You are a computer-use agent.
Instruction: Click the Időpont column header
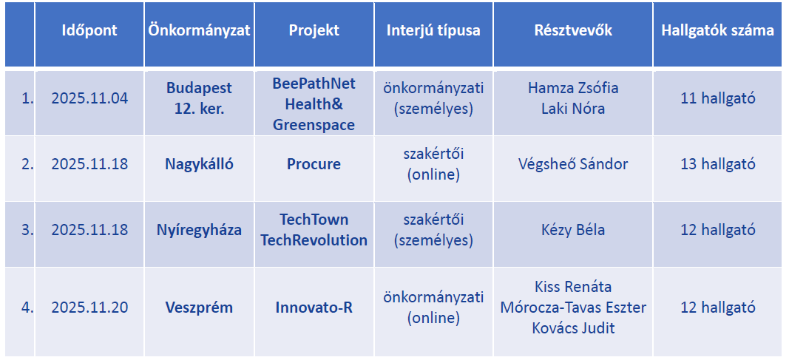pyautogui.click(x=89, y=30)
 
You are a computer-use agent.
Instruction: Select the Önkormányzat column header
pyautogui.click(x=199, y=30)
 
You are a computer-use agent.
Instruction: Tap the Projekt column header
pyautogui.click(x=314, y=30)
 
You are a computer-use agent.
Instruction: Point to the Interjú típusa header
pyautogui.click(x=433, y=30)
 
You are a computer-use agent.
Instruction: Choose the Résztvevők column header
pyautogui.click(x=573, y=30)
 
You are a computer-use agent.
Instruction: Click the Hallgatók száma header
pyautogui.click(x=717, y=30)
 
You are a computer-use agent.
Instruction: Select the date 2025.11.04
pyautogui.click(x=89, y=98)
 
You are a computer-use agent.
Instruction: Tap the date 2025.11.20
pyautogui.click(x=89, y=308)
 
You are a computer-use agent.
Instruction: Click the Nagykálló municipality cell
pyautogui.click(x=199, y=164)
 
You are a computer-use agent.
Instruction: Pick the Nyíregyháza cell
pyautogui.click(x=199, y=231)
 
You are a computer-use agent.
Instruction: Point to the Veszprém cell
pyautogui.click(x=199, y=308)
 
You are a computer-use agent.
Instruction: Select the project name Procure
pyautogui.click(x=314, y=164)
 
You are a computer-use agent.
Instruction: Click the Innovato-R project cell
pyautogui.click(x=314, y=308)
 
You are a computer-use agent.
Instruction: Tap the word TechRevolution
pyautogui.click(x=314, y=240)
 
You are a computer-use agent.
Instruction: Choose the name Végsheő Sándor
pyautogui.click(x=573, y=164)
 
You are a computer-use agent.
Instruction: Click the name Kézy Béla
pyautogui.click(x=573, y=231)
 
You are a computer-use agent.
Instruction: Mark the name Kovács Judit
pyautogui.click(x=573, y=328)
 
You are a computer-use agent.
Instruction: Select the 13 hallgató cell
pyautogui.click(x=717, y=164)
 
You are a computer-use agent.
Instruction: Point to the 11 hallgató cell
pyautogui.click(x=717, y=98)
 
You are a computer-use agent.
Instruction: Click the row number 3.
pyautogui.click(x=27, y=231)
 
